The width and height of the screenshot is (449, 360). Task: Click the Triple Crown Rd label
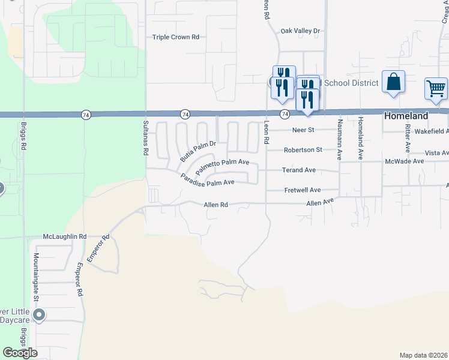coord(175,37)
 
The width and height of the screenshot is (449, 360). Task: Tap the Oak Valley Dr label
coord(301,31)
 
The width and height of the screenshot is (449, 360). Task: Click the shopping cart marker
coord(436,88)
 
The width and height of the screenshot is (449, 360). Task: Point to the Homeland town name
coord(406,116)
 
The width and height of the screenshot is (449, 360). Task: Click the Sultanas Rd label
coord(145,137)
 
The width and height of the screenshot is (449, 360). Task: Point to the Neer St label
coord(303,130)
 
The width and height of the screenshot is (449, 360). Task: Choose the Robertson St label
coord(303,149)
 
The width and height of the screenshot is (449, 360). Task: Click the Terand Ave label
coord(299,170)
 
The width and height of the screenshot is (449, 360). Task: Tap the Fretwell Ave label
coord(302,190)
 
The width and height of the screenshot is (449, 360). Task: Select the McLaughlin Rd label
coord(65,236)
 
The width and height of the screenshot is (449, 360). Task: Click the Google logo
coord(20,353)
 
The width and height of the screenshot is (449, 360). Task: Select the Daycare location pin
coord(40,315)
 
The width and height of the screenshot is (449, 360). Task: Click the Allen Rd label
coord(216,205)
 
